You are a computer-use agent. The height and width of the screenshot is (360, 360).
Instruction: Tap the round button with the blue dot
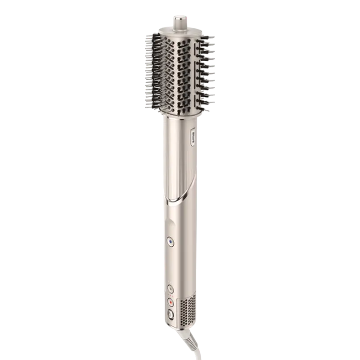coord(171,242)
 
